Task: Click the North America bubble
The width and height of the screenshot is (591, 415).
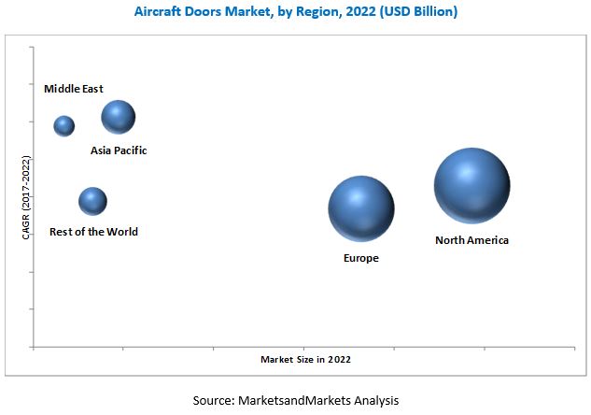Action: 471,185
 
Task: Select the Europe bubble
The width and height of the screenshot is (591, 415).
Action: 361,208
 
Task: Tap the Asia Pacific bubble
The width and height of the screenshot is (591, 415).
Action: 119,117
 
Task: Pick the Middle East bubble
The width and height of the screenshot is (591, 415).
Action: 63,125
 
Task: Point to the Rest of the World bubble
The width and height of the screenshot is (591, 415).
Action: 92,200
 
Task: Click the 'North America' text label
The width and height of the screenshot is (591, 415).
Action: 471,240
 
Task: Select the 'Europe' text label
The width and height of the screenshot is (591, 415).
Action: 361,258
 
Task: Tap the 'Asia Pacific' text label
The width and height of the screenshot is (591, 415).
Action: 119,150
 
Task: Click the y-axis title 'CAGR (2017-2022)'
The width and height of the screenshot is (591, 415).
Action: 26,197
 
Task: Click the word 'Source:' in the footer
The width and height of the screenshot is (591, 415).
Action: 213,400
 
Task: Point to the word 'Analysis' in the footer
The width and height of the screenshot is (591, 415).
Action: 375,400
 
